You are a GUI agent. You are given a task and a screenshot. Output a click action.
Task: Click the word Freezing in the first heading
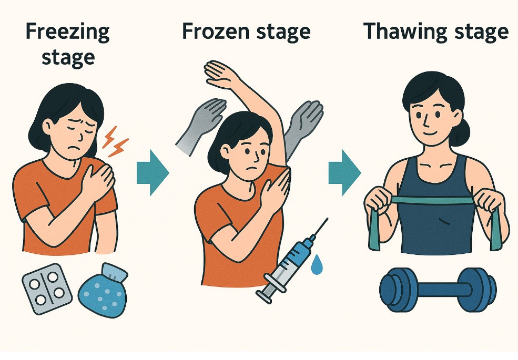click(67, 33)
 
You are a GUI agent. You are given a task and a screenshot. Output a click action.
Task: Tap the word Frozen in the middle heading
click(216, 32)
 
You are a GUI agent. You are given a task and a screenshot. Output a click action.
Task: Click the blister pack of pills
click(47, 289)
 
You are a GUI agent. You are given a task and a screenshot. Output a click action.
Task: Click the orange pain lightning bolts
click(115, 141)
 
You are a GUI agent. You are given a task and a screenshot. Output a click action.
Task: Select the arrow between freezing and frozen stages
click(153, 172)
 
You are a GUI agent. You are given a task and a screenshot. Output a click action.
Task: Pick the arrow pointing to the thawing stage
click(344, 172)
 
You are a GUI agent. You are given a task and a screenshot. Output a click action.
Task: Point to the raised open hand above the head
click(221, 74)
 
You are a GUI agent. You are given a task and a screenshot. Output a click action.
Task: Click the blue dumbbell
click(438, 290)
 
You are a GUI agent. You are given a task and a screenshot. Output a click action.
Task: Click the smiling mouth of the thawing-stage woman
click(430, 133)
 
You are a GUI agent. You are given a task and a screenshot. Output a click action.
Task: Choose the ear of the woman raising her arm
click(226, 151)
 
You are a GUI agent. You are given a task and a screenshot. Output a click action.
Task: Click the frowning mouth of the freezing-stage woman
click(77, 147)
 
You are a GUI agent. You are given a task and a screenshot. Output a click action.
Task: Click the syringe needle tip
click(328, 218)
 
